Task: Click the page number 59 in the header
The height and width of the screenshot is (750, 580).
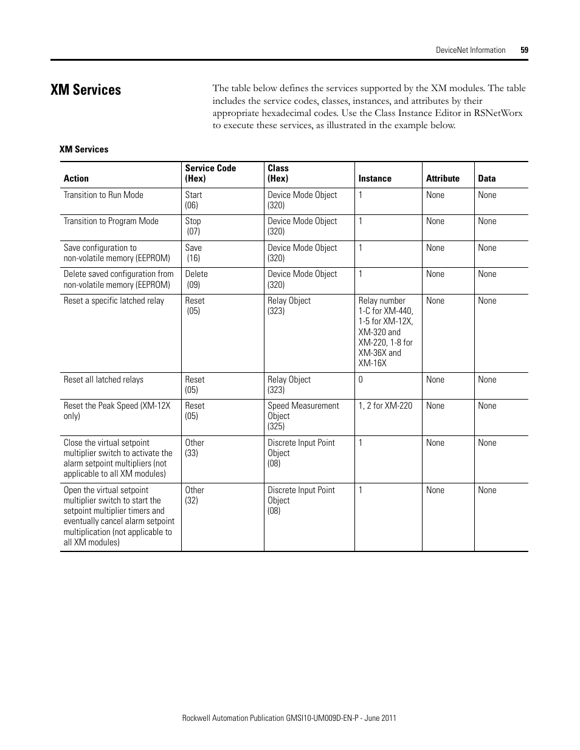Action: click(x=524, y=50)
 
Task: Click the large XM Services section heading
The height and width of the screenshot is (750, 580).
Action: click(x=86, y=90)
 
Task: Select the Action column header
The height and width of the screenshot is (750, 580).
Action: click(x=76, y=179)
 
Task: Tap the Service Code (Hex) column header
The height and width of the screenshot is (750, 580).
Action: click(x=210, y=173)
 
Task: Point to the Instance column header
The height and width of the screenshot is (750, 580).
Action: click(x=375, y=179)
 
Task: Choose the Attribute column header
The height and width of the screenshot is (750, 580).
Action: click(x=443, y=179)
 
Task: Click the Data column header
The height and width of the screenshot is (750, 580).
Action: click(x=486, y=179)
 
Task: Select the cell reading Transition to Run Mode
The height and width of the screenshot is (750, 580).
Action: click(x=103, y=195)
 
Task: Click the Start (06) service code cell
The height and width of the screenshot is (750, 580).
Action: click(x=193, y=200)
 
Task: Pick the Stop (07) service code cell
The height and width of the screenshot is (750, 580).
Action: click(x=193, y=226)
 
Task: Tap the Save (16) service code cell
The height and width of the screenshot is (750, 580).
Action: click(x=193, y=253)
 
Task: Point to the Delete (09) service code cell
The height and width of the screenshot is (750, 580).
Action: click(x=196, y=279)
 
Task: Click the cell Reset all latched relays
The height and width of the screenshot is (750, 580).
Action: click(x=103, y=380)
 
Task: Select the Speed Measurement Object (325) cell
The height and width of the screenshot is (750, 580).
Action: click(x=303, y=416)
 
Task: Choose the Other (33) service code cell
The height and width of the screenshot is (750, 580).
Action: click(x=195, y=448)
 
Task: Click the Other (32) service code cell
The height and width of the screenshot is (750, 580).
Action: click(x=195, y=495)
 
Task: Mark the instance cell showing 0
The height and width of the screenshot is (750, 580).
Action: click(x=361, y=380)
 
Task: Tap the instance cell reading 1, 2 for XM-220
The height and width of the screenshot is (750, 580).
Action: click(x=385, y=406)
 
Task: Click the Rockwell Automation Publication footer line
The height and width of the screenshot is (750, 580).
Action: click(x=289, y=718)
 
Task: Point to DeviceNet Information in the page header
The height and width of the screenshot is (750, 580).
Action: click(x=470, y=50)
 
